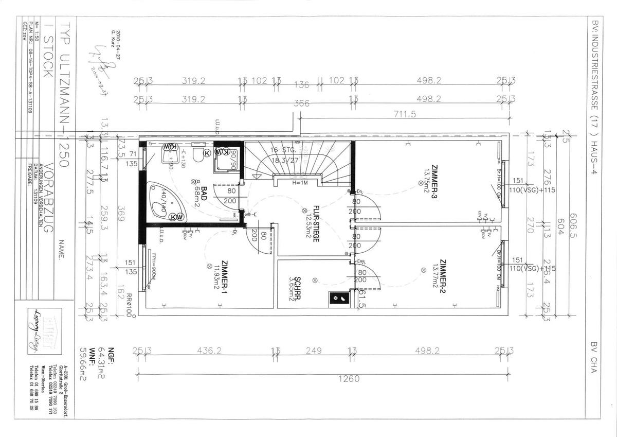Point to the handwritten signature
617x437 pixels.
pos(100,57)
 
